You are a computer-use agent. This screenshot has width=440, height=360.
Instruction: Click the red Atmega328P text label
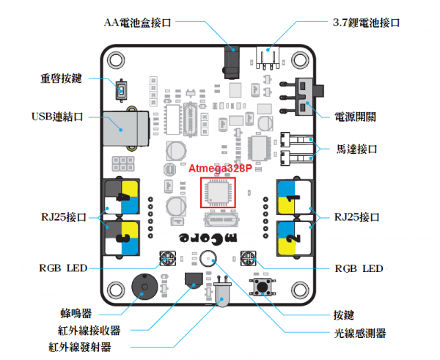coord(220,168)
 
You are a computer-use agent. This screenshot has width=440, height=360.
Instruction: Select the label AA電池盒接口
coord(137,23)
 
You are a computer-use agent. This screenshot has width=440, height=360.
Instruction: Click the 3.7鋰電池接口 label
coord(362,23)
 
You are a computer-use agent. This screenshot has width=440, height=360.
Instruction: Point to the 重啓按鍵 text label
coord(66,78)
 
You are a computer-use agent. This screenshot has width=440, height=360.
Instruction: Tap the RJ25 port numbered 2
coord(294,237)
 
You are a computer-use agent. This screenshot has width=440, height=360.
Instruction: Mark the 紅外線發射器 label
coord(80,345)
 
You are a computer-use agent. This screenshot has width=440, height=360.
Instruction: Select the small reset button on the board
coord(122,92)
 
